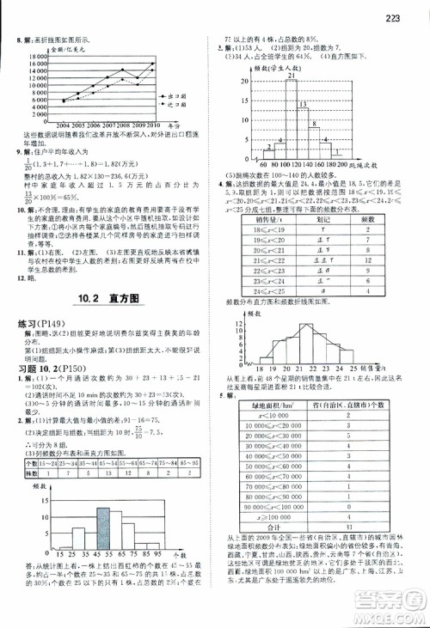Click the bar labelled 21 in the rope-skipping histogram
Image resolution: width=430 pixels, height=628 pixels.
[292, 121]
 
